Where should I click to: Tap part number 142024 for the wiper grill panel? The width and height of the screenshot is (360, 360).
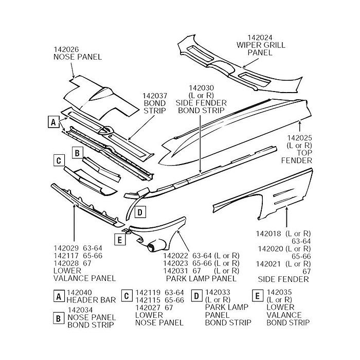point(260,38)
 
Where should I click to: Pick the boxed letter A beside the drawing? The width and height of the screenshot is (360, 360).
point(51,122)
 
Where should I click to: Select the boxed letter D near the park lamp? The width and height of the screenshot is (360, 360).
point(140,211)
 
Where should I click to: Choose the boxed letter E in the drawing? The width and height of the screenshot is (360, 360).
point(119,240)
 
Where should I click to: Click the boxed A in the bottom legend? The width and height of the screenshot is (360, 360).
point(59,296)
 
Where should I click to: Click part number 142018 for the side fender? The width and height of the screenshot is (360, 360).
point(268,233)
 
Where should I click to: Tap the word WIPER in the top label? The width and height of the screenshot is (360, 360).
point(248,45)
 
